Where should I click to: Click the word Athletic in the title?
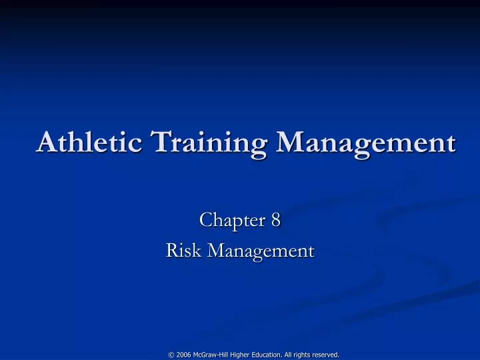89,142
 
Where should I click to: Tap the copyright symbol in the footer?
171,355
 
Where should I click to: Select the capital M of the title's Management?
288,142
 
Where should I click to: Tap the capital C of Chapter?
205,219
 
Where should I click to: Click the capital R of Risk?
171,251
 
